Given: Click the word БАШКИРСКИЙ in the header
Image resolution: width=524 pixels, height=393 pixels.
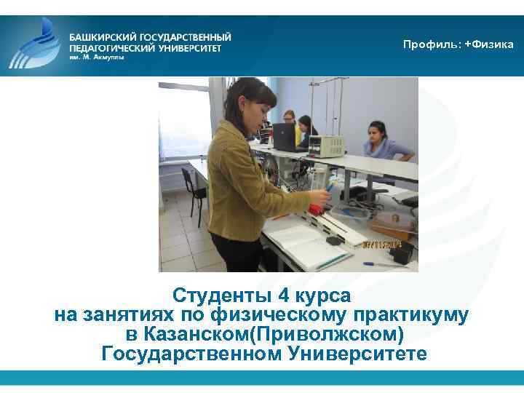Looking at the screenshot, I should point(103,36).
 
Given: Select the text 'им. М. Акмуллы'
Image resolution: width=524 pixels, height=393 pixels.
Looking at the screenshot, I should point(97,59).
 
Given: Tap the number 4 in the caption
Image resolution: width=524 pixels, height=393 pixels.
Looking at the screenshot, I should point(282,296).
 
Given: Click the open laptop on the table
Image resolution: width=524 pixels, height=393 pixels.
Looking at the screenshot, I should point(285,136).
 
